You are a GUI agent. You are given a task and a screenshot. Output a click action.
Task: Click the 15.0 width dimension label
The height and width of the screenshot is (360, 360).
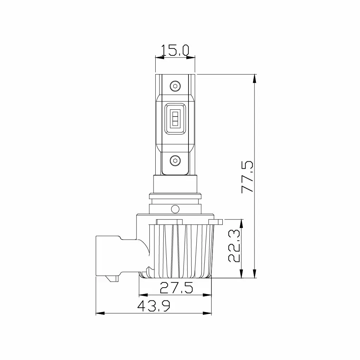(175, 50)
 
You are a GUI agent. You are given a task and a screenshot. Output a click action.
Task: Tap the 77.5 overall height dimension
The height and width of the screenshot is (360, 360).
(247, 176)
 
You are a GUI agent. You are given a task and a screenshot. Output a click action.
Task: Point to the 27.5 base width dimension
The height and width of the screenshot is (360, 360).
(176, 288)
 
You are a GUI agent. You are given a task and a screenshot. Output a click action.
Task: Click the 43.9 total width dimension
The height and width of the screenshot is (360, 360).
(154, 306)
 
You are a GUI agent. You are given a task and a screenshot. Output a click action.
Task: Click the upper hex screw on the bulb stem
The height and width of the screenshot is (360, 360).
(175, 86)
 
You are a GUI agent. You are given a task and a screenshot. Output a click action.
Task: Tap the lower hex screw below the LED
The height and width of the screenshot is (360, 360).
(175, 161)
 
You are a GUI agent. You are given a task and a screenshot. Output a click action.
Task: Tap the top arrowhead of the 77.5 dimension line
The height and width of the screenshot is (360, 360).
(255, 78)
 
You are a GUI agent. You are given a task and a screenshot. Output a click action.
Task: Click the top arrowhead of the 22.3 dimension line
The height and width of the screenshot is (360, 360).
(241, 222)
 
